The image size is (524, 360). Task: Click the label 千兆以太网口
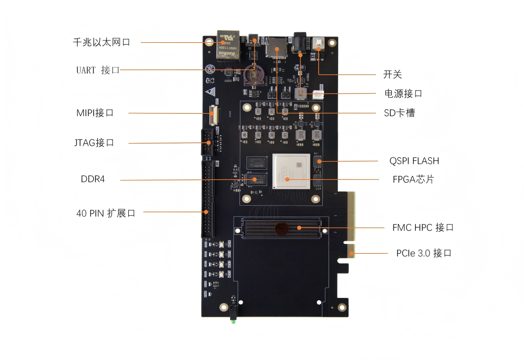pos(101,42)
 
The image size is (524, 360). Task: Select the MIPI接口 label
pos(95,112)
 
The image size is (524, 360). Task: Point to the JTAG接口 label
pos(94,143)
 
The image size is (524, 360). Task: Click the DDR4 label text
pos(93,179)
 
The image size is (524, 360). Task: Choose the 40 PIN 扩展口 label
pos(106,213)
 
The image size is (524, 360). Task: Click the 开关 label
pos(392,74)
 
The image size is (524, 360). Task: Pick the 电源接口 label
pos(403,94)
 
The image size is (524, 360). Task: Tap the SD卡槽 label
pos(399,112)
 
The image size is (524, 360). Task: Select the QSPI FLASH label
pos(414,161)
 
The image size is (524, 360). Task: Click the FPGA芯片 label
pos(413,179)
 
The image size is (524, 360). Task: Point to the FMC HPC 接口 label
pos(423,227)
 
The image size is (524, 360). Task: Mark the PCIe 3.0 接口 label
pos(424,253)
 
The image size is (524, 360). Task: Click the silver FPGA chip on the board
pos(291,172)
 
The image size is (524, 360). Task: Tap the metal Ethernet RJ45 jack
pos(228,45)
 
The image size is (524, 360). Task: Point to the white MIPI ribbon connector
pos(213,115)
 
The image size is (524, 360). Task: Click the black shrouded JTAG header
pos(207,142)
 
